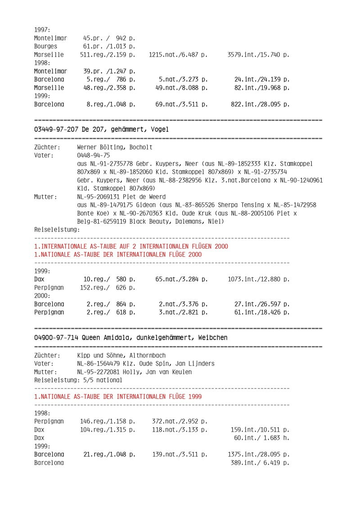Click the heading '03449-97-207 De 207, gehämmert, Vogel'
(x=102, y=129)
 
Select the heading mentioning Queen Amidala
(x=130, y=337)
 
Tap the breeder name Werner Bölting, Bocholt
(x=115, y=147)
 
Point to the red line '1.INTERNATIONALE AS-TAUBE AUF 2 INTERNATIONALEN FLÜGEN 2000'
(x=131, y=246)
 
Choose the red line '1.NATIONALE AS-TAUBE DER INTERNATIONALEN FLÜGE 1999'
(x=118, y=397)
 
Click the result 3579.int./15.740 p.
(x=259, y=55)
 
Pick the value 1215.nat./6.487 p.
(x=178, y=55)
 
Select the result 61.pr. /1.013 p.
(x=109, y=46)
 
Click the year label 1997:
(x=42, y=30)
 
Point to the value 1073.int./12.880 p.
(x=259, y=279)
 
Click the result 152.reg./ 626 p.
(x=108, y=287)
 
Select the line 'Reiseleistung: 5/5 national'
(x=78, y=380)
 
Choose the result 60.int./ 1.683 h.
(x=262, y=438)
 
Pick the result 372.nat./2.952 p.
(x=180, y=421)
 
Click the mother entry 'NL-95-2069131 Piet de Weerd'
(x=122, y=196)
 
